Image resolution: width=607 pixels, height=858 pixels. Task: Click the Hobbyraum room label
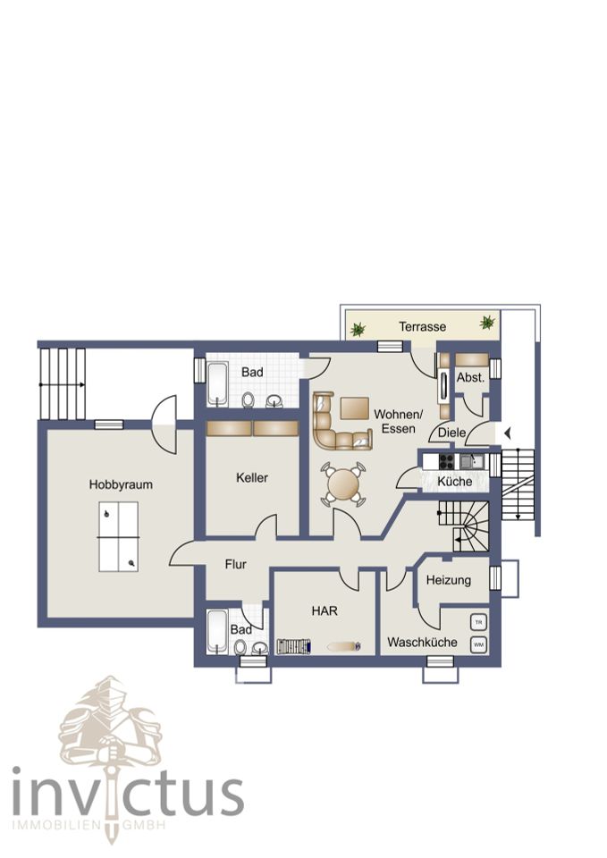coord(121,484)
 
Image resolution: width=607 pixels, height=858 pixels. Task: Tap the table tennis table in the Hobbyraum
coord(119,537)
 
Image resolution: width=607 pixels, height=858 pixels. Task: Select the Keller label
coord(252,477)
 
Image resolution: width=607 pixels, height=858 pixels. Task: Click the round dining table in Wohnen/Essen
coord(342,484)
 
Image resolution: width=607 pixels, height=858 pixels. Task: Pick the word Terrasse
coord(423,327)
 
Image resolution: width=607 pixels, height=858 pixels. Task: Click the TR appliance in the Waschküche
coord(479,623)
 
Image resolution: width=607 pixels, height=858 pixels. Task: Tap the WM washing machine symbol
coord(479,644)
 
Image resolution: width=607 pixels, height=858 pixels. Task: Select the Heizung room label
coord(449,581)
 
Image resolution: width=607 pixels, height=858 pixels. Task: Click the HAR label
coord(325,610)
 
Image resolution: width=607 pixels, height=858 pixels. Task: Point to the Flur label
coord(236,564)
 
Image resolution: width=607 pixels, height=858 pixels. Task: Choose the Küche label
coord(454,482)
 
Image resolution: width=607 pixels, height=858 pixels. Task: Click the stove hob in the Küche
coord(447,462)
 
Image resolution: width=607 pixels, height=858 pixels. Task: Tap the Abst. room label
coord(471,377)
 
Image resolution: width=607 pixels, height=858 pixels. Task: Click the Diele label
coord(452,433)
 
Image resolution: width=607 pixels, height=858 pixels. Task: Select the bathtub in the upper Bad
coord(218,384)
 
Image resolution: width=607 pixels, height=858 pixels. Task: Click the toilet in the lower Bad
coord(240,647)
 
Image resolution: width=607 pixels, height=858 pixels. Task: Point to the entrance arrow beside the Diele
coord(508,433)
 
